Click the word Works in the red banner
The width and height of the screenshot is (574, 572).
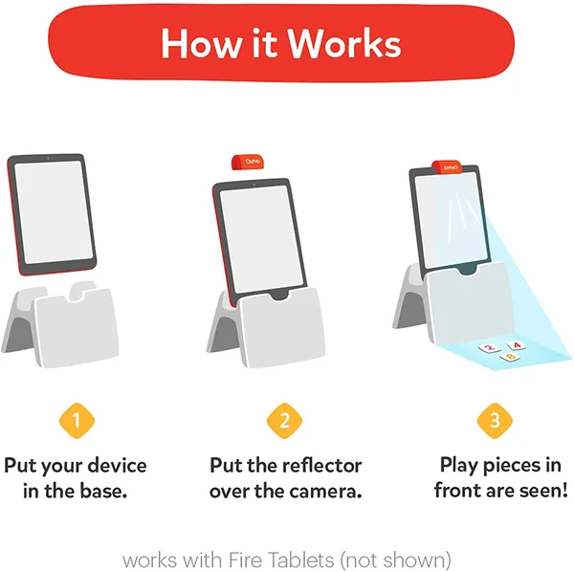[344, 44]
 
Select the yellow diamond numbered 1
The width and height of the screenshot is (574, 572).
[77, 421]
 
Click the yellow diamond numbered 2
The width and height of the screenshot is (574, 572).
[284, 421]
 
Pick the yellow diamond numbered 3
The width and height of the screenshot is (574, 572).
[495, 421]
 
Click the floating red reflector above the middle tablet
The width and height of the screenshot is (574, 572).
[248, 162]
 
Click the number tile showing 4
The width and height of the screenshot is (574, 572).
[517, 345]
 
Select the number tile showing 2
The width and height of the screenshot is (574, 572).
[490, 348]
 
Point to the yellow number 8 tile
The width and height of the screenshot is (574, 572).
[510, 357]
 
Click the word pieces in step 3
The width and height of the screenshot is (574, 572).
[512, 466]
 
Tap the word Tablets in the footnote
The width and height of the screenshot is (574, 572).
[301, 560]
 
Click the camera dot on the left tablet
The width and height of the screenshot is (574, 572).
[48, 158]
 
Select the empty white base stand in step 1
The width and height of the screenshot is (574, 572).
[61, 324]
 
